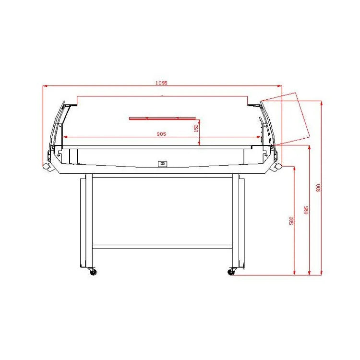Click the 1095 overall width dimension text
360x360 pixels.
point(161,83)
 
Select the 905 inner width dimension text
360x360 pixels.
point(161,134)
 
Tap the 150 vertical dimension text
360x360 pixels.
point(196,128)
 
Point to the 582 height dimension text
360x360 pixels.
point(291,220)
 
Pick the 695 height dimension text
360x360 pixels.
point(306,210)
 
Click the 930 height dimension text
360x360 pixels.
point(318,188)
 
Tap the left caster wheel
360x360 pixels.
point(93,272)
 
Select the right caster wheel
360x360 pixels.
point(231,272)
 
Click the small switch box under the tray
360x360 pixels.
point(163,164)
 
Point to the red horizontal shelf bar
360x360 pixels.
point(162,118)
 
